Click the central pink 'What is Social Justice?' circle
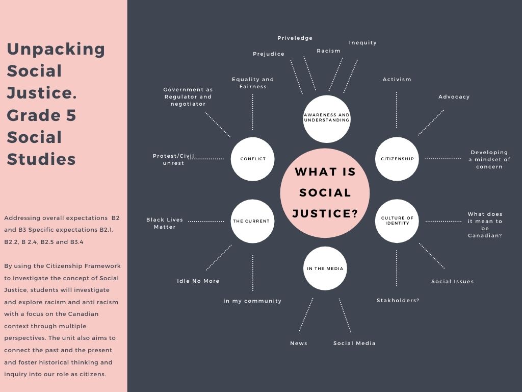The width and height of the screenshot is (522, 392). [x=325, y=193]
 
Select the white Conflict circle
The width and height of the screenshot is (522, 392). [x=253, y=159]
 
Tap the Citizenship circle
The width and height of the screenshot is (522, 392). [x=397, y=159]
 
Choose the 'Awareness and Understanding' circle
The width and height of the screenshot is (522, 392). [x=327, y=118]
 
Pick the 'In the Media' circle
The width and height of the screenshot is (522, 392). [x=325, y=268]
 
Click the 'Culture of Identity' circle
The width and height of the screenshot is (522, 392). [x=397, y=220]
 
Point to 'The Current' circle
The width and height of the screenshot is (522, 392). [x=252, y=221]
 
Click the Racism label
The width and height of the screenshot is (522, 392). [x=328, y=51]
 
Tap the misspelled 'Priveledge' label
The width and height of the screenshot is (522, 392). [x=295, y=38]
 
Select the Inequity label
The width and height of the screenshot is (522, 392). [x=362, y=43]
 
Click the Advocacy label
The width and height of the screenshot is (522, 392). [x=454, y=97]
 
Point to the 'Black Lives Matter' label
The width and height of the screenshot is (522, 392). [x=165, y=224]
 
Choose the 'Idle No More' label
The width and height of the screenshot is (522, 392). [x=198, y=281]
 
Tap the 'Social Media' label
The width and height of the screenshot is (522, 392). [x=354, y=344]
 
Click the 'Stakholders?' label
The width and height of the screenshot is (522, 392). [x=398, y=301]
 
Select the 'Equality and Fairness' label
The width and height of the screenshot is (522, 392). [x=253, y=83]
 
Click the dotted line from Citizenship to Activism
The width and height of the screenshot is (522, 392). [x=397, y=110]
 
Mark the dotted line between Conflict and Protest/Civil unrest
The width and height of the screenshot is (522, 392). [x=206, y=159]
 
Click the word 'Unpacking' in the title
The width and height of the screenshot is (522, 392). [x=56, y=49]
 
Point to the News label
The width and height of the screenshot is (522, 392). [x=299, y=344]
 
